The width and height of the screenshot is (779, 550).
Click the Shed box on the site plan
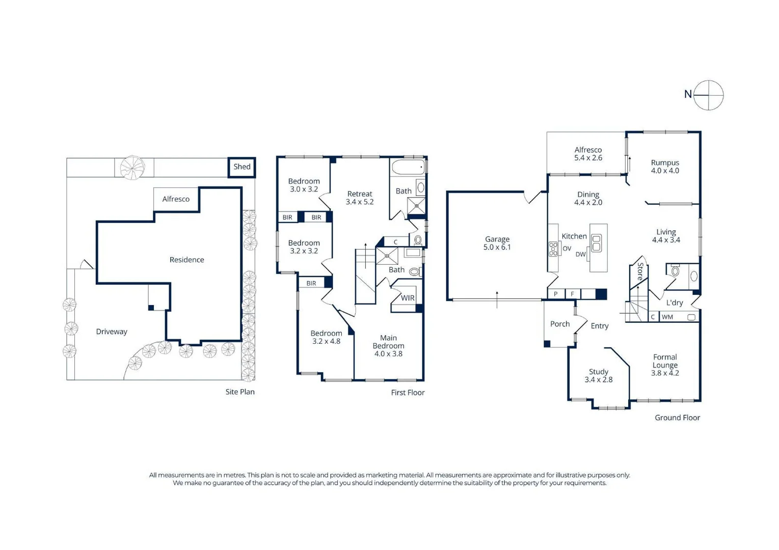click(242, 167)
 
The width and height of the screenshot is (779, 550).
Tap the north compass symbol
click(708, 95)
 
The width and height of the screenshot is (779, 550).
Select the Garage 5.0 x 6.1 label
click(497, 243)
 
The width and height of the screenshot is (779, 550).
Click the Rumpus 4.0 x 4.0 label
click(664, 167)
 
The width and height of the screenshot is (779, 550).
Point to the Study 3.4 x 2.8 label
click(598, 376)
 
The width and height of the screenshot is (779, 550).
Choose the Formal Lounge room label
click(664, 365)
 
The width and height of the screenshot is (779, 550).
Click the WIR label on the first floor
click(408, 298)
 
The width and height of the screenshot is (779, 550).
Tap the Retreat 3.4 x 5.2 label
click(359, 198)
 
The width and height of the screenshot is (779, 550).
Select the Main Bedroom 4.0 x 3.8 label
click(388, 345)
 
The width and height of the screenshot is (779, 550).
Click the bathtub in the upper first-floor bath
click(408, 167)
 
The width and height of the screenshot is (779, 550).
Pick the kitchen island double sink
click(596, 243)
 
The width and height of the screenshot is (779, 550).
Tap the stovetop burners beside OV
click(553, 249)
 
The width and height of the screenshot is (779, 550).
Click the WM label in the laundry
click(667, 317)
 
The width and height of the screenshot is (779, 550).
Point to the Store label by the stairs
click(640, 271)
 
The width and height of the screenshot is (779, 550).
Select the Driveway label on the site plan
click(112, 332)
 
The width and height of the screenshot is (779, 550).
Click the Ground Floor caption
click(677, 418)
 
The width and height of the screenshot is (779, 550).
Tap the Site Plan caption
click(240, 392)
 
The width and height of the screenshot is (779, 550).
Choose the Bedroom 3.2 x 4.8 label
click(326, 337)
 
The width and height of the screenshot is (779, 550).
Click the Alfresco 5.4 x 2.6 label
click(588, 154)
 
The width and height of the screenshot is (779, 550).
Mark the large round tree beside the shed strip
click(132, 168)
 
